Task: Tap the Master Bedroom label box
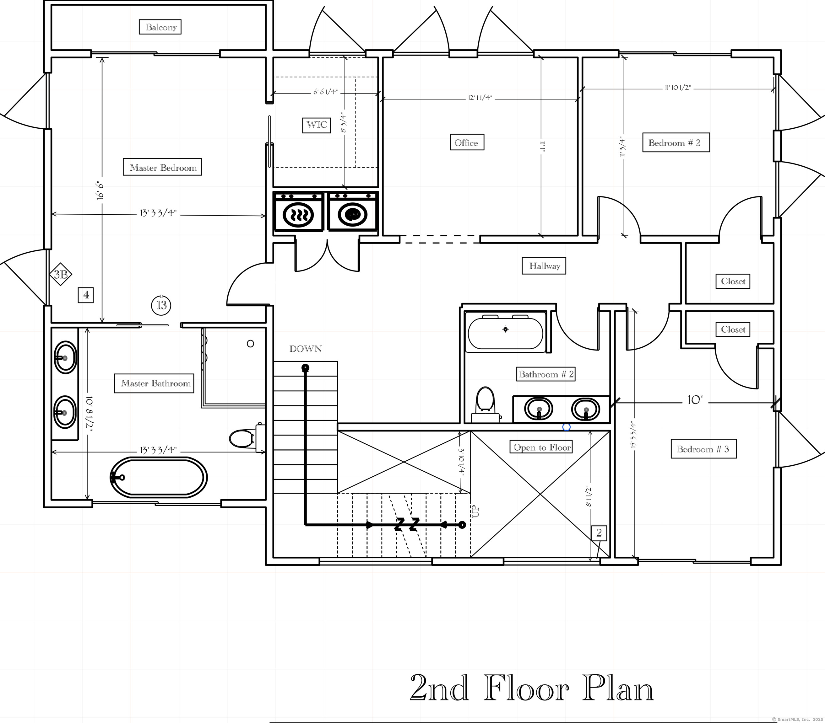(162, 167)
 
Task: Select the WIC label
(317, 125)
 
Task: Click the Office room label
(467, 142)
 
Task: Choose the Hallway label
(544, 266)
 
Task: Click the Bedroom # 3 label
(703, 449)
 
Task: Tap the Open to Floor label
(541, 447)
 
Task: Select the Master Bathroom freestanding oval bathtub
(159, 477)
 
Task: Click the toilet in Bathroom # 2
(486, 404)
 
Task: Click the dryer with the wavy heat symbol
(298, 212)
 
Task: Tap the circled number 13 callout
(161, 305)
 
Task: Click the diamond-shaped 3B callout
(61, 275)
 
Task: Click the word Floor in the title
(526, 688)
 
